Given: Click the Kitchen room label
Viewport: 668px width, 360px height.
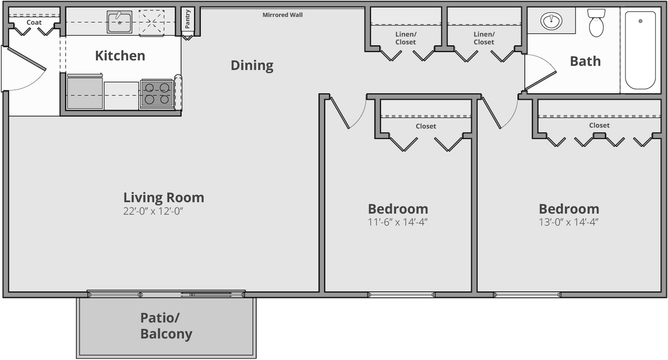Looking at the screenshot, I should (x=120, y=56).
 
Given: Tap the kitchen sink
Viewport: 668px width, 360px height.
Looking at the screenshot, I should (x=119, y=22).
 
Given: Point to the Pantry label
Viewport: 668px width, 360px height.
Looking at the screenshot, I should (x=187, y=19).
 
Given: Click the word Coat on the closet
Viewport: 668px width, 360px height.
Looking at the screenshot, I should (x=34, y=23).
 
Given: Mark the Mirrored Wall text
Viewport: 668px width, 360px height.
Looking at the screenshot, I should (x=282, y=15).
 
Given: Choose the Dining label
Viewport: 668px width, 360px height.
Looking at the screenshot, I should (x=252, y=66).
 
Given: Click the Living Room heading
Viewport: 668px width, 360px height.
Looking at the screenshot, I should (x=163, y=197).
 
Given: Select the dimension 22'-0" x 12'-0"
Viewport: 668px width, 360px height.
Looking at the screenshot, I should (x=154, y=211).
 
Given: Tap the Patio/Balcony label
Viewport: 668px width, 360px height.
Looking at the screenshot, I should (x=166, y=326).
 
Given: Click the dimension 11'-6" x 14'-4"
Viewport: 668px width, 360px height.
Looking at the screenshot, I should (x=398, y=222).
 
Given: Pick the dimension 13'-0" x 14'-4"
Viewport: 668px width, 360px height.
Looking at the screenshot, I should (x=569, y=222).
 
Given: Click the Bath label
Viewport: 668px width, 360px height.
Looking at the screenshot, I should (x=585, y=61).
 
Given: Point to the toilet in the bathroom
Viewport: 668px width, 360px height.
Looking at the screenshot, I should (x=596, y=24).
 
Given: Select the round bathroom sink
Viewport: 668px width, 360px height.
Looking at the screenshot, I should (x=551, y=22).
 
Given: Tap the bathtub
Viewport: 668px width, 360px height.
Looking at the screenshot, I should (x=640, y=50).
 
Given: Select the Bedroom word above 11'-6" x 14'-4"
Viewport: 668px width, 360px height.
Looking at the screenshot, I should (x=398, y=209).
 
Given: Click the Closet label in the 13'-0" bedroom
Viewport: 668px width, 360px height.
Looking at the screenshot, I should (x=599, y=125).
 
